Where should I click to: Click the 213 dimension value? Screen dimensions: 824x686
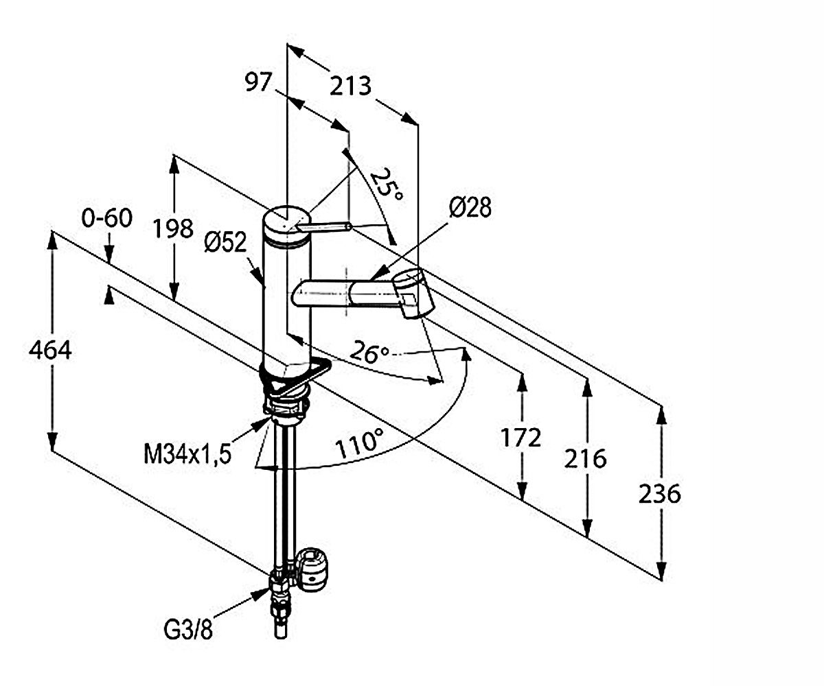pos(350,86)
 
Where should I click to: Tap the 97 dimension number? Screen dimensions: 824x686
pos(258,82)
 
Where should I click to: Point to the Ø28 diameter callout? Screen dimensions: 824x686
pos(470,207)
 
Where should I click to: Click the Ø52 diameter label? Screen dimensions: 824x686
pos(226,241)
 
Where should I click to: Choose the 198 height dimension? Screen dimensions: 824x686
pos(173,228)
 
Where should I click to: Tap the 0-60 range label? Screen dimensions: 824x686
pos(106,217)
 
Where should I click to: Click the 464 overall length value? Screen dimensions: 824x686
pos(50,350)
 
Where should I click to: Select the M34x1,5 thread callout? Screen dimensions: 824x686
pos(187,454)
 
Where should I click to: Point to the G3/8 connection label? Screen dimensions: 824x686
pos(188,630)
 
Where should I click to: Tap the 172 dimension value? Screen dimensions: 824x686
pos(520,437)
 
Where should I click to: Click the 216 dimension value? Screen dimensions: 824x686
pos(585,458)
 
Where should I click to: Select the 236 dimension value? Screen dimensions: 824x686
pos(659,494)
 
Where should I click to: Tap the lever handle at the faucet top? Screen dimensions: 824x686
pos(323,226)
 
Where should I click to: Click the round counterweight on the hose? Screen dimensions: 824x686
pos(313,569)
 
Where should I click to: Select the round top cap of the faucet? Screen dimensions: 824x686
pos(286,222)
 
